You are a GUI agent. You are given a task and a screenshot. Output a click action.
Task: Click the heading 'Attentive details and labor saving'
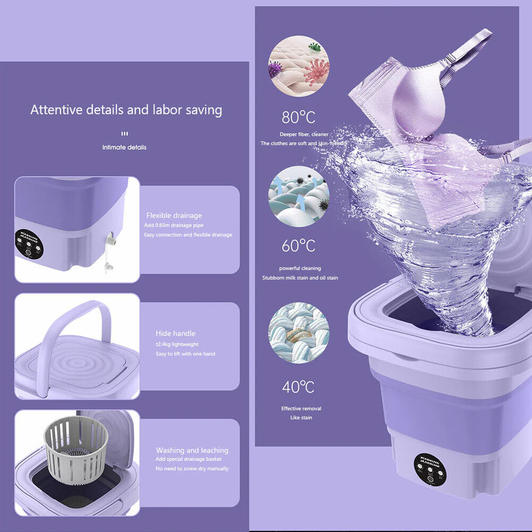[x=126, y=110]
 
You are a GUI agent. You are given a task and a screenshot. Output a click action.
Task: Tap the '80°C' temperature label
[x=298, y=117]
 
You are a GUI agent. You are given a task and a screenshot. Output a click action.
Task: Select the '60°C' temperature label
[x=298, y=246]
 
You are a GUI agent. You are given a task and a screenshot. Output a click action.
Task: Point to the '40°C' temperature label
[x=298, y=387]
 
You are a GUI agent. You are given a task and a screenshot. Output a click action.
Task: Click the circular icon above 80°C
[x=298, y=66]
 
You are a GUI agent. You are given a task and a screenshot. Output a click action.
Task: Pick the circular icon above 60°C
[x=298, y=197]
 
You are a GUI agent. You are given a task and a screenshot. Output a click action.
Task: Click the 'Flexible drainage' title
[x=174, y=215]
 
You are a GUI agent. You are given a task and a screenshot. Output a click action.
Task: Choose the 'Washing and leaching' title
[x=192, y=450]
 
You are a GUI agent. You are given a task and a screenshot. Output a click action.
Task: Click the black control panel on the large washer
[x=429, y=468]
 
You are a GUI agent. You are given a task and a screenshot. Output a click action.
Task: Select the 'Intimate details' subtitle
[x=124, y=147]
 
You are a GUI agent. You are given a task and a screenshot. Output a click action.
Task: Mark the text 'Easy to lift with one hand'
[x=185, y=354]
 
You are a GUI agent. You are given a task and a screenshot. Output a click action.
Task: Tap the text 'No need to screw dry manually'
[x=192, y=469]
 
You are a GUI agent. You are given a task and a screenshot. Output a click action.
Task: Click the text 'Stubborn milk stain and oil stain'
[x=300, y=278]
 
